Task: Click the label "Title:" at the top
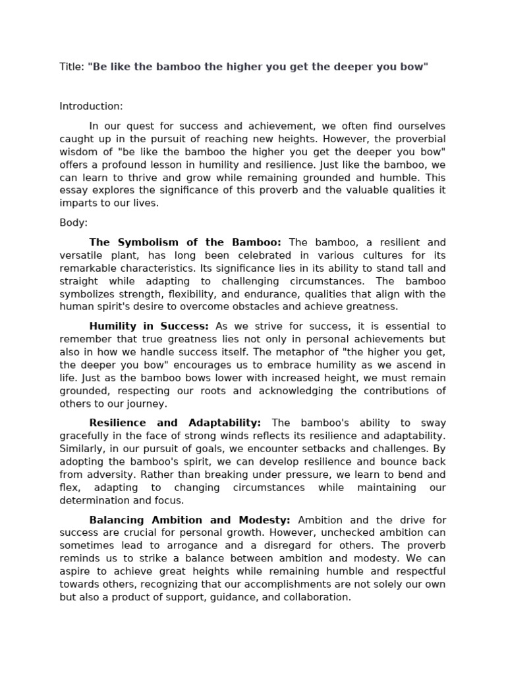pyautogui.click(x=72, y=67)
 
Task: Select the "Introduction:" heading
pyautogui.click(x=91, y=106)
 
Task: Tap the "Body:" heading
pyautogui.click(x=73, y=222)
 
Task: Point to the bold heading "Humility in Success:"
pyautogui.click(x=149, y=326)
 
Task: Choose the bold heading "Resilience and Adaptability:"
pyautogui.click(x=175, y=423)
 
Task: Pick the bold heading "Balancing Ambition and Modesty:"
pyautogui.click(x=189, y=519)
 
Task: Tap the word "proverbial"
pyautogui.click(x=420, y=139)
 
